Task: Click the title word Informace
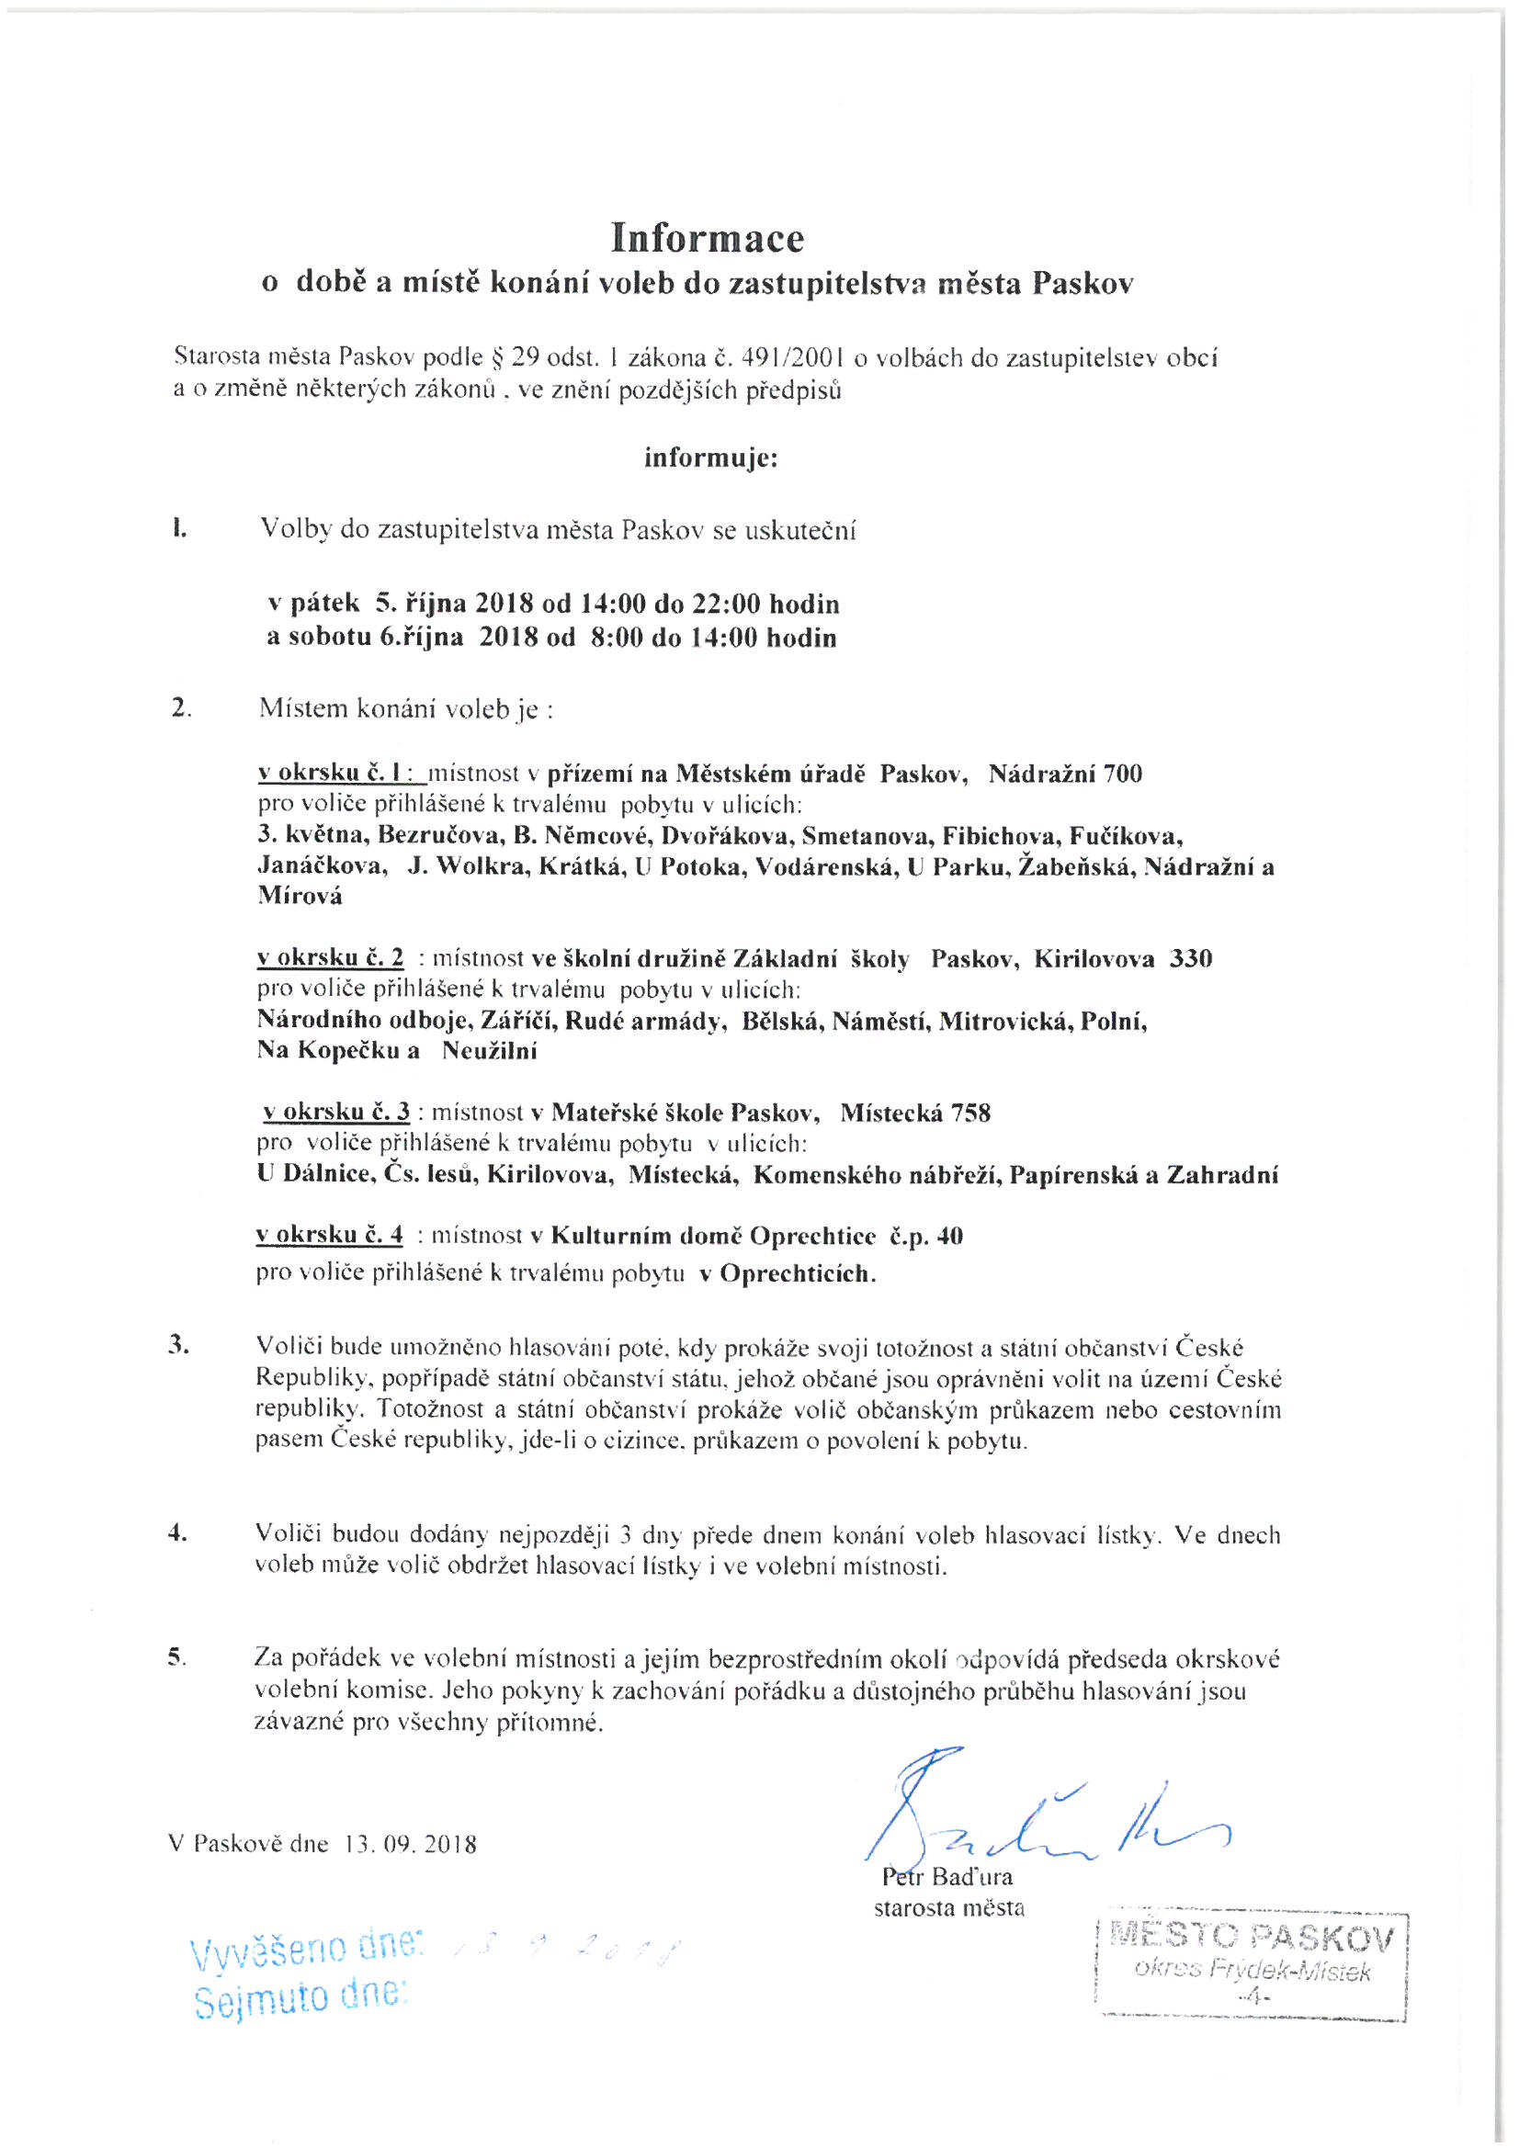click(707, 239)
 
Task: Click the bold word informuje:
click(710, 458)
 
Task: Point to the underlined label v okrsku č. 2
click(331, 958)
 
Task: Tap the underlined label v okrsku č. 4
click(330, 1235)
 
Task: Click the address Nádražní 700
click(1065, 774)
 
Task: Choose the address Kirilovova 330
click(1122, 959)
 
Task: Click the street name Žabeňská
click(1077, 866)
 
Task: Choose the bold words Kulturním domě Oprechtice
click(713, 1236)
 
